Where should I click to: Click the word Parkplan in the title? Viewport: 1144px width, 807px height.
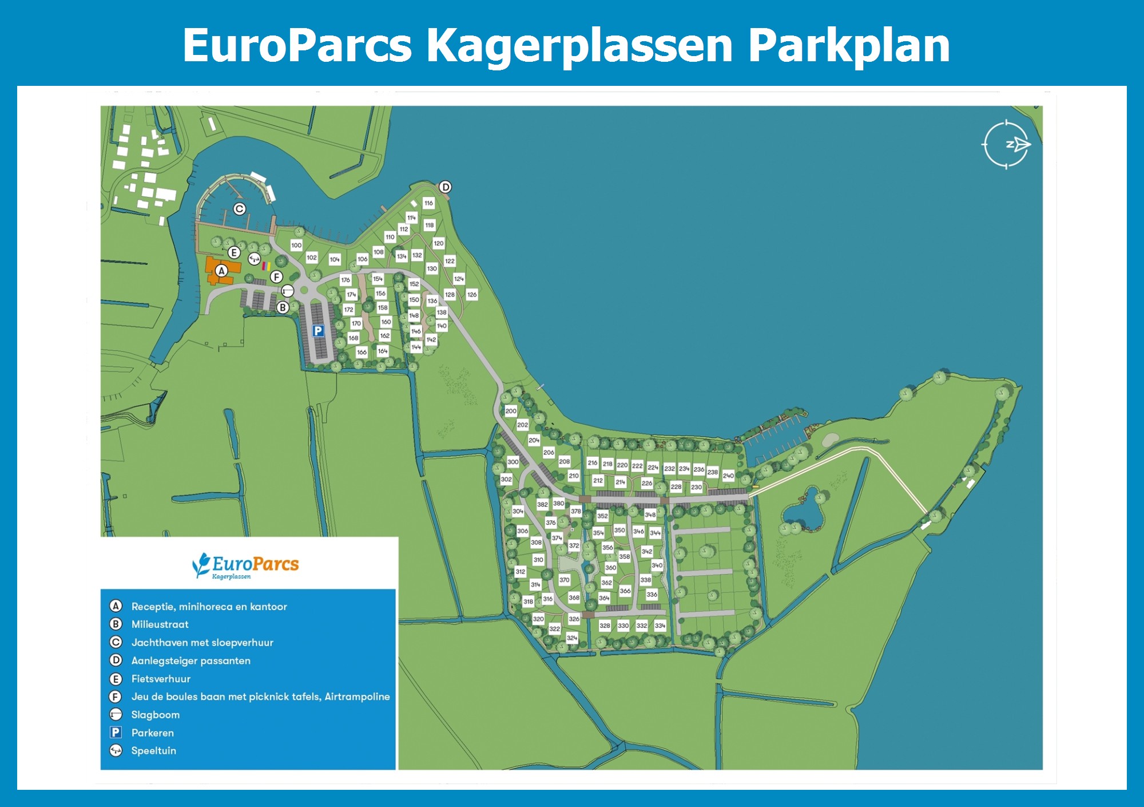coord(849,46)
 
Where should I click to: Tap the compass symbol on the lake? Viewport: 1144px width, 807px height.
coord(1007,145)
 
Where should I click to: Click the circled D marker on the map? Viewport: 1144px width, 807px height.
coord(445,187)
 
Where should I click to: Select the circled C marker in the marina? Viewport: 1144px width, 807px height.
coord(240,209)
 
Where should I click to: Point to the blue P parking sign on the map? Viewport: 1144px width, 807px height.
coord(318,331)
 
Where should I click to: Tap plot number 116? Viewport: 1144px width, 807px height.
coord(428,203)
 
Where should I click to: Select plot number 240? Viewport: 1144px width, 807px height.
coord(728,476)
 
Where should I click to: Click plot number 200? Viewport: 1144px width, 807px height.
coord(511,411)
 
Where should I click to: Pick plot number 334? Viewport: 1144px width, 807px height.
coord(660,626)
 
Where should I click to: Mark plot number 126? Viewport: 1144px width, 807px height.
coord(472,295)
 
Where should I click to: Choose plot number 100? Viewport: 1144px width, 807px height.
coord(296,246)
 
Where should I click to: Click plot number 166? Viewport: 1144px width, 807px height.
coord(362,353)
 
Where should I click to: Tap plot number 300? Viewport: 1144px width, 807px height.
coord(513,462)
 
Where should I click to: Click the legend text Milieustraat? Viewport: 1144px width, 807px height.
coord(160,624)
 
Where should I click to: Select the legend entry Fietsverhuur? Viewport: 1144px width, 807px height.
coord(161,679)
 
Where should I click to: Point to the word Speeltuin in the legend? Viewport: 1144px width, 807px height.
coord(153,751)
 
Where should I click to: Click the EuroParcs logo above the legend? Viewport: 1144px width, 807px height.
coord(246,565)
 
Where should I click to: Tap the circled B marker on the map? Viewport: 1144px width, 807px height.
coord(283,308)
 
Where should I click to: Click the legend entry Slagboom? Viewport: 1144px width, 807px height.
coord(155,715)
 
